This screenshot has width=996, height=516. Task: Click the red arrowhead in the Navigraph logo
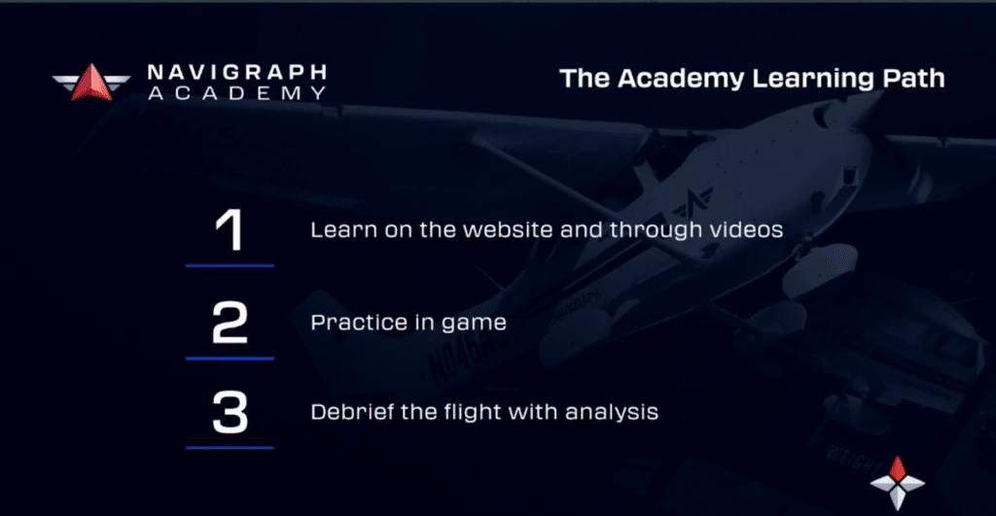click(x=91, y=83)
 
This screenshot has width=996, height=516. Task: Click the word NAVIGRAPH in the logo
click(x=237, y=72)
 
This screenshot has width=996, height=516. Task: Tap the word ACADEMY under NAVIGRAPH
click(x=237, y=93)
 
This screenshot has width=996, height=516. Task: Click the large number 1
click(x=230, y=229)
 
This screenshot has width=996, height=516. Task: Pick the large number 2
click(x=230, y=323)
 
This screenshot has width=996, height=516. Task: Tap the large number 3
click(x=230, y=413)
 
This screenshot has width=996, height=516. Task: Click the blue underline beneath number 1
click(x=230, y=265)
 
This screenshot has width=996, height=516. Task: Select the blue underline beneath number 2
click(x=230, y=358)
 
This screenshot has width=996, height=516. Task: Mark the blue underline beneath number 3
click(x=230, y=447)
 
